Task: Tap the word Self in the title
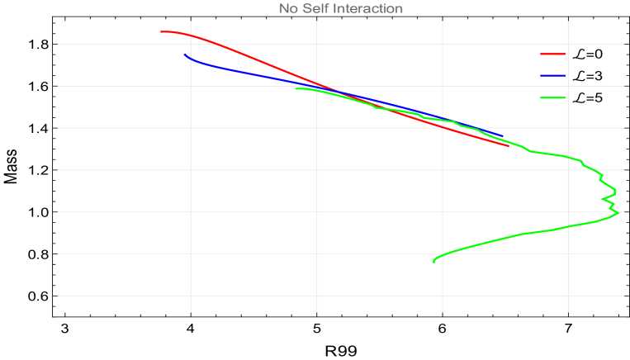(316, 9)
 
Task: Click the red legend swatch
(552, 54)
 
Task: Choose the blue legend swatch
(552, 75)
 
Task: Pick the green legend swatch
(552, 97)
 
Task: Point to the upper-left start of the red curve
(161, 31)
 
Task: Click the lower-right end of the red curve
(509, 145)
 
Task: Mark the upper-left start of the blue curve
(184, 54)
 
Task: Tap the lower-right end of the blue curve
(502, 136)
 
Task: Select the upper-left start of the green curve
(296, 88)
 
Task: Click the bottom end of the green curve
(433, 263)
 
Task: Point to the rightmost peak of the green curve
(618, 212)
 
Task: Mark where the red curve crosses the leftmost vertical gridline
(191, 36)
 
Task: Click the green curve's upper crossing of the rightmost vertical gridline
(568, 156)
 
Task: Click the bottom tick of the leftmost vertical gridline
(191, 311)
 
